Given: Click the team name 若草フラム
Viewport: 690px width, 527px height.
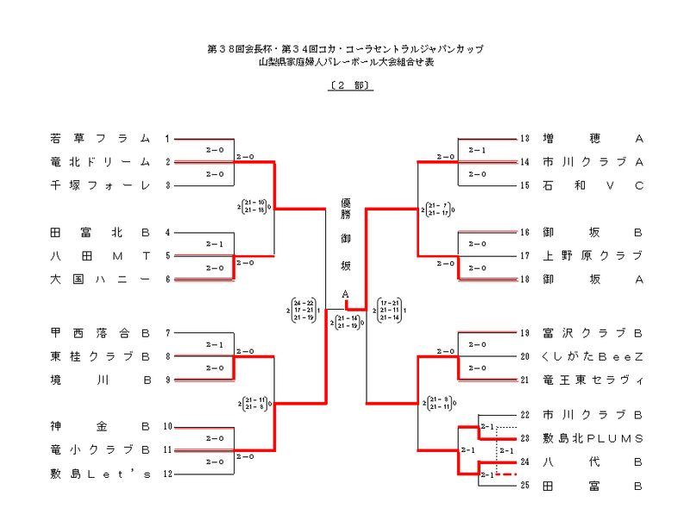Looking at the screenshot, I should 100,138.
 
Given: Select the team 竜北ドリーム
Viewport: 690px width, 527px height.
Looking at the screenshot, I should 100,161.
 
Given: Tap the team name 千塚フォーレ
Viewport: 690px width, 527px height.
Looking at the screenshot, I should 100,185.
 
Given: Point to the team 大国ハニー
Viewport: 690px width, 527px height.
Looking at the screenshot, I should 100,279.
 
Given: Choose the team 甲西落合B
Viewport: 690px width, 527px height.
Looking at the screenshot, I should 100,332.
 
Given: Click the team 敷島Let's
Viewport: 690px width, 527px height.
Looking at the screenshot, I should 100,473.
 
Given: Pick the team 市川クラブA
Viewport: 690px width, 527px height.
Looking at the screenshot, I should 593,161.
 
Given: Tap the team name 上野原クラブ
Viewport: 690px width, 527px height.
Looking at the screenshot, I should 593,255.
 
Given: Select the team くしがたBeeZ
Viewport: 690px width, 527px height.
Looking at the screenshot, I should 593,355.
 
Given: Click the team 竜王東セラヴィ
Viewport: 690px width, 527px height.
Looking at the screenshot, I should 593,380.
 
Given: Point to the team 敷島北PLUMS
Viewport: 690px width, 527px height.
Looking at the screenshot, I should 593,438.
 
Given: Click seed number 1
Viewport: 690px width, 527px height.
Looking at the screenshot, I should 167,138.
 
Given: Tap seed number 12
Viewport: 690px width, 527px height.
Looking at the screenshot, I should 167,473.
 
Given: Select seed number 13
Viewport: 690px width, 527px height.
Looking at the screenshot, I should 524,138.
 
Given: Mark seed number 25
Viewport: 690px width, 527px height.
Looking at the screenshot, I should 524,486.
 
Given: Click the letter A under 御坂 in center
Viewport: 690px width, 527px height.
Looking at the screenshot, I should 345,294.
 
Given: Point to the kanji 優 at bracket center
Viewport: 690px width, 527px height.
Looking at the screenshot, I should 345,204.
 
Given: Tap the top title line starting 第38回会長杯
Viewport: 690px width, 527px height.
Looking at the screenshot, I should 345,49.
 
